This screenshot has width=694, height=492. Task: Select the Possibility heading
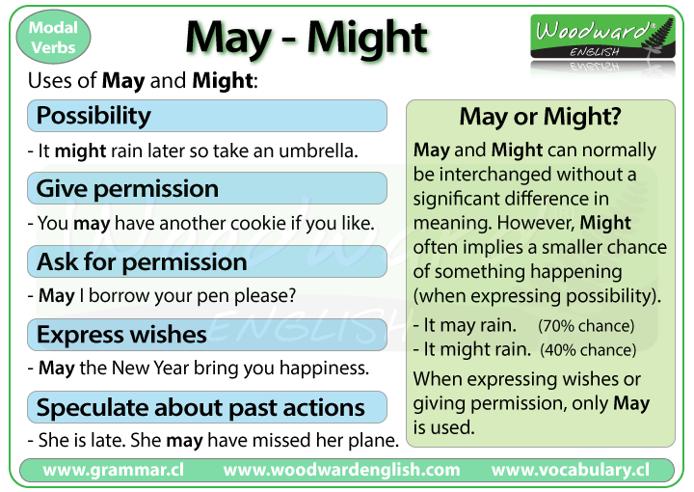(x=93, y=116)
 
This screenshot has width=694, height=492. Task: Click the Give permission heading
(x=127, y=188)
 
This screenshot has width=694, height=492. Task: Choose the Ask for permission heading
(x=142, y=261)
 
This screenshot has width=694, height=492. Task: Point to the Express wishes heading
(x=121, y=335)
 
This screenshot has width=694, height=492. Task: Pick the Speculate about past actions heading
(x=200, y=407)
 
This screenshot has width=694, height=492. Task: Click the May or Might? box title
(x=540, y=118)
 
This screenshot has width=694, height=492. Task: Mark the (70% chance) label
(x=586, y=326)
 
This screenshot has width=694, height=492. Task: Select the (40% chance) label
(x=588, y=350)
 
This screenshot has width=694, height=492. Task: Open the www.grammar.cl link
(x=114, y=471)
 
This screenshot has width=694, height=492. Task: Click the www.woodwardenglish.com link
(x=341, y=471)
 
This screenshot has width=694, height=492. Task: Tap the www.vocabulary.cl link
(x=570, y=471)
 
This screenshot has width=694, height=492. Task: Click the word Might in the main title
(x=365, y=38)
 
